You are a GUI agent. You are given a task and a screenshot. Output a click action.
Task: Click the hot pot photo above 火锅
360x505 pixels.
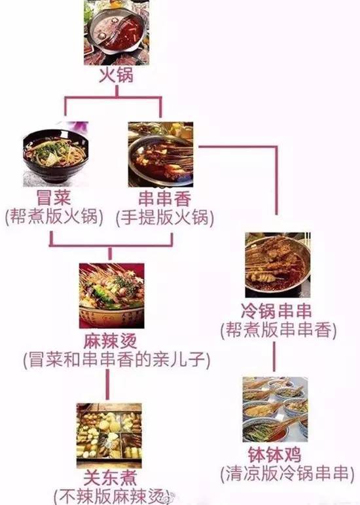[x=117, y=32]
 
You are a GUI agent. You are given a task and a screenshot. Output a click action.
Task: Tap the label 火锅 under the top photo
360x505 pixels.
[x=116, y=76]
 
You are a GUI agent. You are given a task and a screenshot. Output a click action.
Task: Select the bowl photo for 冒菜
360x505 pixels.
[x=56, y=155]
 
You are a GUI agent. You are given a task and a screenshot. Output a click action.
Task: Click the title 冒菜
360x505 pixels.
[x=54, y=197]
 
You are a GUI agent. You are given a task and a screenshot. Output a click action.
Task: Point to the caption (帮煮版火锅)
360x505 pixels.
[x=54, y=216]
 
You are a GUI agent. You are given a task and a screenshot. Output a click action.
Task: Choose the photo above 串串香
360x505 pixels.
[x=160, y=155]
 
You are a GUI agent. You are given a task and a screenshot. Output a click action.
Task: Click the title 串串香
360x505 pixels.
[x=165, y=198]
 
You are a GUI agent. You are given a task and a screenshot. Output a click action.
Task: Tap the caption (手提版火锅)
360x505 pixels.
[x=165, y=217]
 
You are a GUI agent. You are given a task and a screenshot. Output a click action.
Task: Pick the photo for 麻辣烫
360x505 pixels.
[x=112, y=295]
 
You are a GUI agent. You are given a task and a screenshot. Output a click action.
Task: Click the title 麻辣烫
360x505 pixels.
[x=111, y=341]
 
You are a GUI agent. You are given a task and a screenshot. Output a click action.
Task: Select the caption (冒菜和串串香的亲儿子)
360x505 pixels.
[x=117, y=360]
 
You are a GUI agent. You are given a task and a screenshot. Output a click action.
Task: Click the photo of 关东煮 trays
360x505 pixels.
[x=109, y=436]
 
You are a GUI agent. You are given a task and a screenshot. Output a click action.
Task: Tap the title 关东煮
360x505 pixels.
[x=110, y=478]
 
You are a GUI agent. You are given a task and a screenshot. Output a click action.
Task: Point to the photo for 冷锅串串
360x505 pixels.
[x=278, y=265]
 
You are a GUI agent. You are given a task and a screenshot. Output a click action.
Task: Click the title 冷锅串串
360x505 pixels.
[x=276, y=310]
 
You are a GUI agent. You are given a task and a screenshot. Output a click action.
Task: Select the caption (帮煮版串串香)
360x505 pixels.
[x=278, y=330]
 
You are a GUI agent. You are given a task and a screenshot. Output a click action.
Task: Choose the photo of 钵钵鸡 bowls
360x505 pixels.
[x=275, y=409]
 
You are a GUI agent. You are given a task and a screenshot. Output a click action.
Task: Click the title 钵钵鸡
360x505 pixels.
[x=274, y=455]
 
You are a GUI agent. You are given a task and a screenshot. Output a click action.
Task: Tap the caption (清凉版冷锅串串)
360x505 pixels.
[x=285, y=474]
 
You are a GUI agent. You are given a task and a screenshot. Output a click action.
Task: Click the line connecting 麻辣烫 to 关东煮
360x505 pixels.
[x=107, y=384]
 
